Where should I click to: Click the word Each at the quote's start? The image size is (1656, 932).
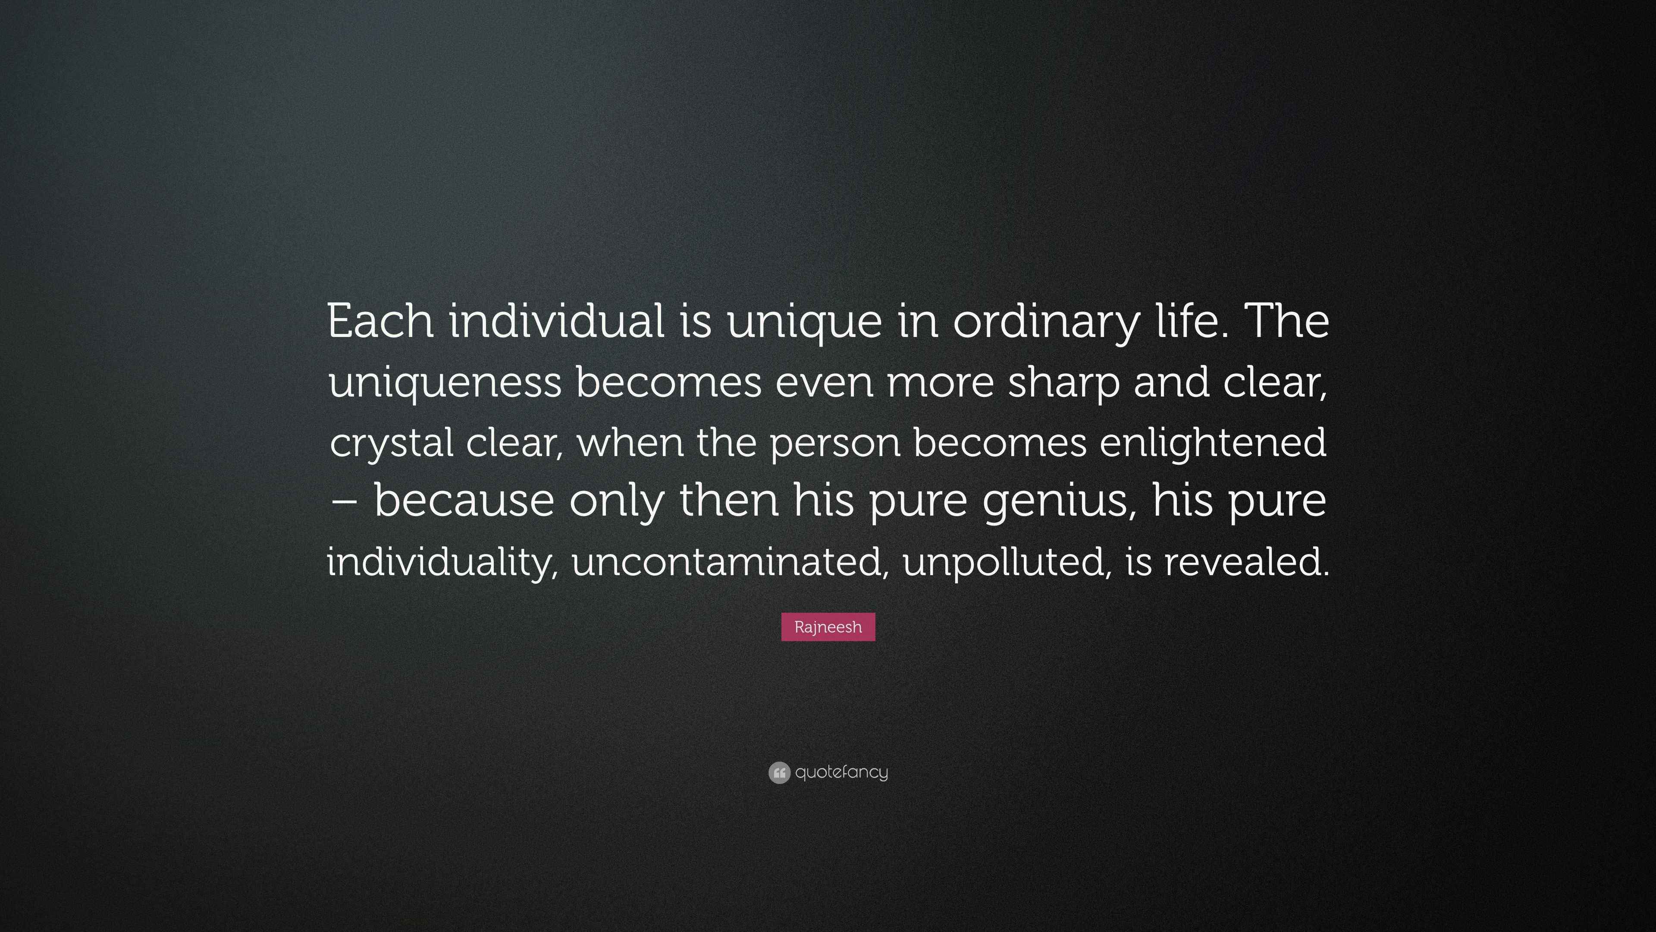point(380,321)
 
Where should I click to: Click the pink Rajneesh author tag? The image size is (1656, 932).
point(828,627)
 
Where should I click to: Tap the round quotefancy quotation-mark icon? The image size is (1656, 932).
point(779,772)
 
